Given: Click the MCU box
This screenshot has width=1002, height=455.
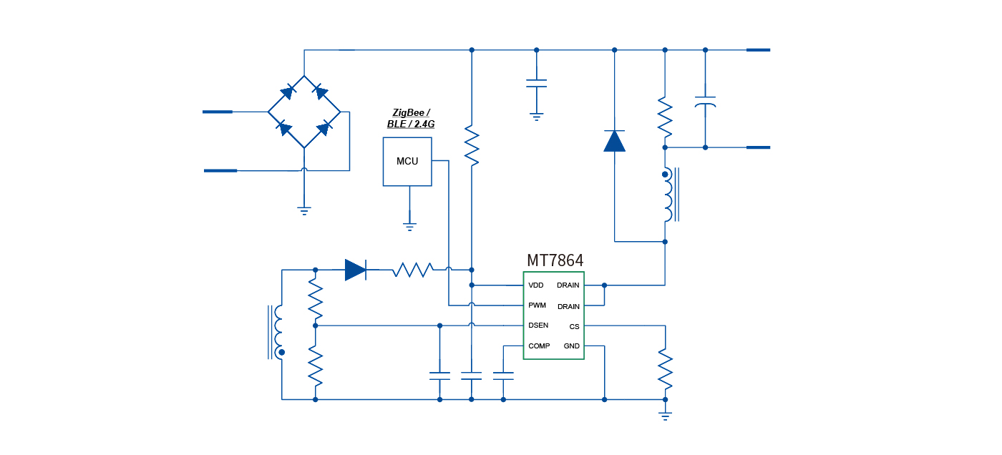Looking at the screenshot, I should tap(407, 161).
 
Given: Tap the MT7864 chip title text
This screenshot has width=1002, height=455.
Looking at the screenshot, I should tap(555, 260).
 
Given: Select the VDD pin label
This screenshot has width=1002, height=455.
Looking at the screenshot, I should tap(536, 285).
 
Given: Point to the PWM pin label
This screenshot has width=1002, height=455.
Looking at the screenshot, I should tap(537, 305).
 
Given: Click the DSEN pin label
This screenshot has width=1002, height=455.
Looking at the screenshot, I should tap(538, 326).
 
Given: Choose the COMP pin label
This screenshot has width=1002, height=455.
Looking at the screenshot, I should tap(539, 346).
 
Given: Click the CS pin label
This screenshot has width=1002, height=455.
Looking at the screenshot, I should tap(574, 326).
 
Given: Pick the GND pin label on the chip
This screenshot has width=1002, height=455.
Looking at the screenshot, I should tap(571, 346).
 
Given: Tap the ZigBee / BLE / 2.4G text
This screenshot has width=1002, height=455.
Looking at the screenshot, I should tap(411, 118).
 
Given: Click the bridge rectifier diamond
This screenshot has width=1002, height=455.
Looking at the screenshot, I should tap(304, 112).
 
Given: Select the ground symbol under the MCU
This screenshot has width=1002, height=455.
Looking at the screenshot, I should tap(409, 226).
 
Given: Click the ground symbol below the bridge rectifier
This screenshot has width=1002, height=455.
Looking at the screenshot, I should tap(304, 210).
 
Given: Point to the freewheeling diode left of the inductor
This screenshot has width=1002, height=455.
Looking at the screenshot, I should tap(614, 141).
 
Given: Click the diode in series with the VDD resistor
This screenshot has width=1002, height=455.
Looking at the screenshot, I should tap(355, 270).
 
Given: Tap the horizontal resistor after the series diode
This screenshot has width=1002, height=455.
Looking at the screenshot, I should tap(412, 270).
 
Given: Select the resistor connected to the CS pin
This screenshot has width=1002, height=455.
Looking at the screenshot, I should tap(665, 366).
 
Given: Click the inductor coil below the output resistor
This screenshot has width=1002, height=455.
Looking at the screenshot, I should tap(667, 195).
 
